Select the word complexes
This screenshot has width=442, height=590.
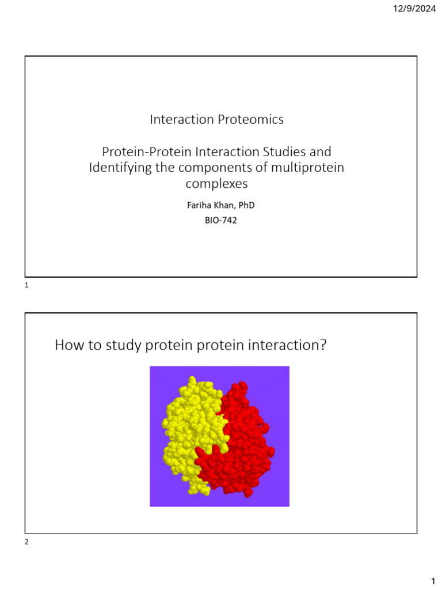tap(217, 184)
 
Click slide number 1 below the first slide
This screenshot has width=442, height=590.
tap(27, 285)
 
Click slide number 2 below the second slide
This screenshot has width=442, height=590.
tap(27, 542)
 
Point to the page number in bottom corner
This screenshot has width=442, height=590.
tap(432, 580)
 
